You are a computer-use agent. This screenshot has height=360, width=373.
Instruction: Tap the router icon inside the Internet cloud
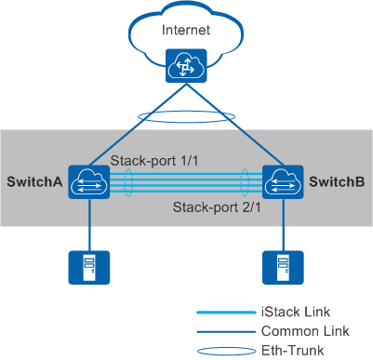186,64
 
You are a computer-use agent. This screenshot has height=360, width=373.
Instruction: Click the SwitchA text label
34,180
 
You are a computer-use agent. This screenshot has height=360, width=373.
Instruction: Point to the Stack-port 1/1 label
153,160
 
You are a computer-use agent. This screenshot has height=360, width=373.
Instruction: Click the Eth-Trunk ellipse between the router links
187,118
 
